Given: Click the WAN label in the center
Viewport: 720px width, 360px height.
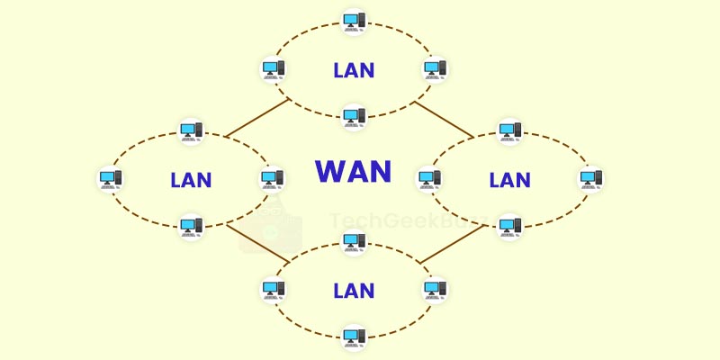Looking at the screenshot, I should [354, 172].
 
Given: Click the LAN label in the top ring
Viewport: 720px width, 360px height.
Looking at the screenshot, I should [354, 69].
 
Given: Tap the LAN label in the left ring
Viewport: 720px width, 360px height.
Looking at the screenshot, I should [191, 179].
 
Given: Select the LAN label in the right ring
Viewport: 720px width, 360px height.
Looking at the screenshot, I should [510, 179].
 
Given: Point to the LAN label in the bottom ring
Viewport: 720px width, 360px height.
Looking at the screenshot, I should [354, 290].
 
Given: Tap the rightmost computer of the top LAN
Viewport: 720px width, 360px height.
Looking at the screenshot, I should [436, 68].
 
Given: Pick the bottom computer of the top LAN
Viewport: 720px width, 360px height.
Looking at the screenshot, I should [354, 116].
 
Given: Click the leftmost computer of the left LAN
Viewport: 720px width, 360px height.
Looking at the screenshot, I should [110, 178].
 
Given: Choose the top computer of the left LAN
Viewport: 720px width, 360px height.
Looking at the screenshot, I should [191, 131].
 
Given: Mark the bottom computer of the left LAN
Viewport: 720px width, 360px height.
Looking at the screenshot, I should [191, 226].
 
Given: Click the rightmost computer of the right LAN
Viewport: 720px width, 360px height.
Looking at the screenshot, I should [591, 178].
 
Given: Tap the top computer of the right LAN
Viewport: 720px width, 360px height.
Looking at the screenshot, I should [510, 131].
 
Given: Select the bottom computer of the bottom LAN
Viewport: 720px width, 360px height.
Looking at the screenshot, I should [354, 338].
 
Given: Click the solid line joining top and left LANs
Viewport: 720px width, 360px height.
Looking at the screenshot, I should [256, 118].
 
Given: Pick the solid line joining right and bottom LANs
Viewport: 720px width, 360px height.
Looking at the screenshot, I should [453, 243].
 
